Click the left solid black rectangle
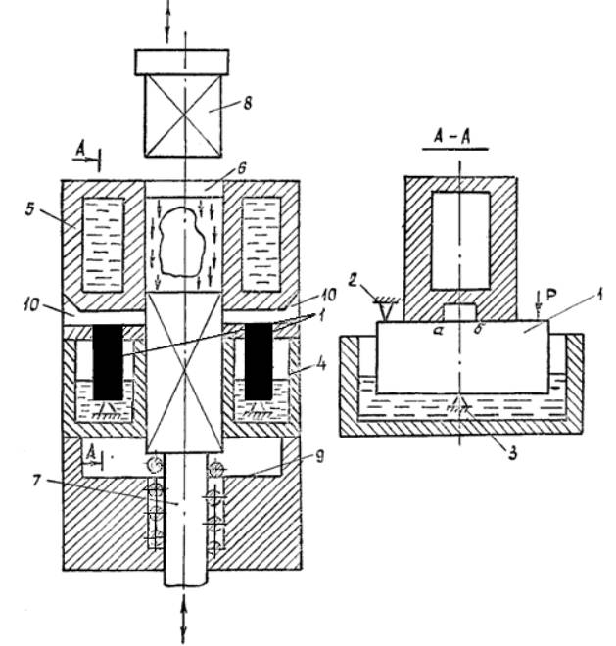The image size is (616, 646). [x=108, y=361]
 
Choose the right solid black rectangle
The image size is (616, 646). [x=258, y=361]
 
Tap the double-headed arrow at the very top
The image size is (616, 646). [x=167, y=20]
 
